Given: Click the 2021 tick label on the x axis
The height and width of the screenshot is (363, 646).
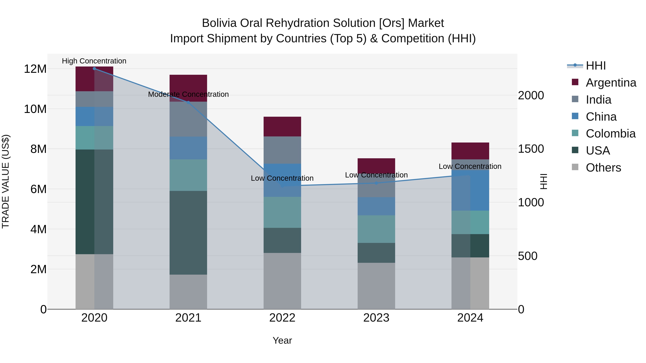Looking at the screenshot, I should point(188,318).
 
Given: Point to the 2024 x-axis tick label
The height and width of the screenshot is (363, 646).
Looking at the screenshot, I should point(470,318).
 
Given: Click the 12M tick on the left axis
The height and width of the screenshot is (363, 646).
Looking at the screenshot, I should point(35,69).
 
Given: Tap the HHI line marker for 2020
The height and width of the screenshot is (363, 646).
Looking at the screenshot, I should point(94,69).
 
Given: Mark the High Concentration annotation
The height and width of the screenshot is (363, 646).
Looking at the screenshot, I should point(94,61).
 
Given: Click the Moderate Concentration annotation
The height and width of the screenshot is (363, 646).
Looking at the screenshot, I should point(188,94).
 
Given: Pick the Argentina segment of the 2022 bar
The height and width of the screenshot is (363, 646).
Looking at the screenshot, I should point(282,127).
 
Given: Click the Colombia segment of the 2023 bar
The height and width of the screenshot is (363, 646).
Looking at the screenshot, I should point(376,229).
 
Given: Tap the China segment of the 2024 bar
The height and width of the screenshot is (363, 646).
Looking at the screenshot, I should point(470,190).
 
